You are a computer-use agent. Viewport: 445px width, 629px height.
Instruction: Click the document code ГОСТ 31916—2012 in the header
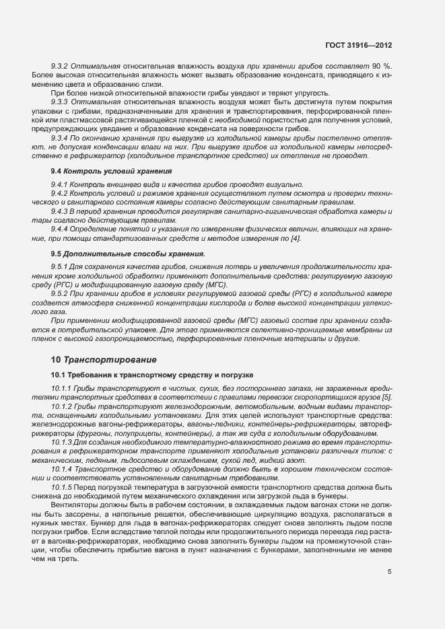tap(358, 45)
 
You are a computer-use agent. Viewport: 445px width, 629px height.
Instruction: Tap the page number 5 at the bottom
tap(390, 572)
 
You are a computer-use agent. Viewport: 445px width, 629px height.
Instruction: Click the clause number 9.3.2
tap(61, 66)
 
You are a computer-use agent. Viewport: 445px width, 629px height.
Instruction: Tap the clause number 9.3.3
tap(61, 101)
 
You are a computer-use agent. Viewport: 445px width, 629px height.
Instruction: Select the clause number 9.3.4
tap(61, 137)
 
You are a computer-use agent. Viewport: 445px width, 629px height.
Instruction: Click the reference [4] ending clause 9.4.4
tap(295, 238)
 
